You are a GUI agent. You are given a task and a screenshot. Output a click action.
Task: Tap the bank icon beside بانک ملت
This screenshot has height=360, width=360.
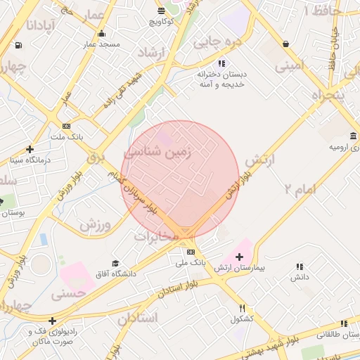tap(66, 126)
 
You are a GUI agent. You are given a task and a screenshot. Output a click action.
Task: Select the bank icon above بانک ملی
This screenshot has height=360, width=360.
tap(191, 252)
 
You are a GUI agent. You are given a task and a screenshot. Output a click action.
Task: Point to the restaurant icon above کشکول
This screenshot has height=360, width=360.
tap(242, 308)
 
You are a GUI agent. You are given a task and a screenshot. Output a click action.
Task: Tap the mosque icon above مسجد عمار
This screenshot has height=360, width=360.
tap(102, 34)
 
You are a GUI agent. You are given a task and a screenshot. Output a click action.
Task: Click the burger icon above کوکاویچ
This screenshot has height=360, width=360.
tap(162, 11)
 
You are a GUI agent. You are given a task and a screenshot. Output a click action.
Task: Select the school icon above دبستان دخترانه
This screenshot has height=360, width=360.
tap(221, 63)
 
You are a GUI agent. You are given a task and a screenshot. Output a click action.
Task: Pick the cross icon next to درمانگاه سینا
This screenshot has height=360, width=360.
tap(30, 149)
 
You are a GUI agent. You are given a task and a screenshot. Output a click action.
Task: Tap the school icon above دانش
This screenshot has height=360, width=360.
tap(300, 266)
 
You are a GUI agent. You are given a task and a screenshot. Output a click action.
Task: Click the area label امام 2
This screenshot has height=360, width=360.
tap(300, 188)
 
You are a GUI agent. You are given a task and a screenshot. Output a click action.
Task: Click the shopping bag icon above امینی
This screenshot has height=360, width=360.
tap(285, 44)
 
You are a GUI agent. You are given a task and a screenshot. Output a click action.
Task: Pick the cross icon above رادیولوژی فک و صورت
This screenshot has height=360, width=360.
tap(51, 321)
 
